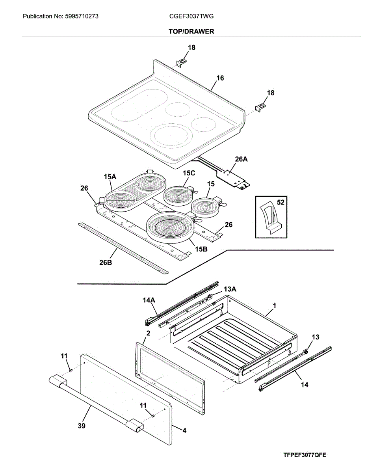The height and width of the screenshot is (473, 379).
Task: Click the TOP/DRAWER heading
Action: pyautogui.click(x=191, y=32)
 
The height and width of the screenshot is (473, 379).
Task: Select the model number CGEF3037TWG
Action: pyautogui.click(x=191, y=17)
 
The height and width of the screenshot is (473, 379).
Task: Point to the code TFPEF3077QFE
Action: pyautogui.click(x=305, y=455)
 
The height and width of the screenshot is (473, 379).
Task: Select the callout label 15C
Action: pyautogui.click(x=189, y=173)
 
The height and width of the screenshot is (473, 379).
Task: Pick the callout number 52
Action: pyautogui.click(x=281, y=203)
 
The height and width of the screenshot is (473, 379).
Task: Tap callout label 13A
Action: pyautogui.click(x=230, y=289)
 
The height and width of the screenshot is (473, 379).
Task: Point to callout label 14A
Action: pyautogui.click(x=149, y=300)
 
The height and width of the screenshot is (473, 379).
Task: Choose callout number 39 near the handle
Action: pyautogui.click(x=82, y=426)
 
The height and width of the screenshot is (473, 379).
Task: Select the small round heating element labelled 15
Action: pyautogui.click(x=204, y=207)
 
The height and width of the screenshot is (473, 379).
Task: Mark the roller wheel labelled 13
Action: pyautogui.click(x=306, y=352)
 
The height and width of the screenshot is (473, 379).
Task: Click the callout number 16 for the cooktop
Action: pyautogui.click(x=220, y=78)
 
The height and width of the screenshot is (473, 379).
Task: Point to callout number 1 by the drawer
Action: pyautogui.click(x=275, y=305)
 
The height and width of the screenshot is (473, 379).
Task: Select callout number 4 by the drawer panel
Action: pyautogui.click(x=184, y=431)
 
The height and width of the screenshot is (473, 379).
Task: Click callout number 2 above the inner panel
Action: pyautogui.click(x=148, y=333)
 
